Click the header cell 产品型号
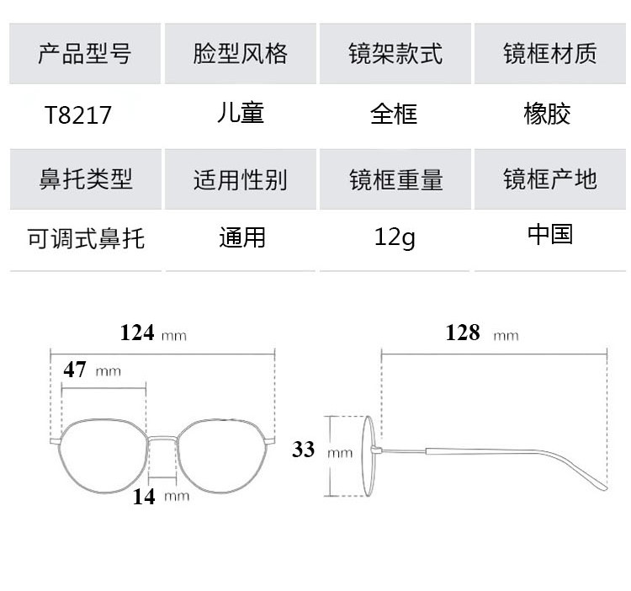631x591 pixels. click(85, 55)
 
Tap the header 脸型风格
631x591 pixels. click(241, 55)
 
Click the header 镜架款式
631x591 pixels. click(395, 55)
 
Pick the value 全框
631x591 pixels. click(394, 114)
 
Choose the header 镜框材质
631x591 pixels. click(550, 55)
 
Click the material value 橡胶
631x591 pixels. click(547, 114)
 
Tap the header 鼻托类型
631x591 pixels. click(86, 179)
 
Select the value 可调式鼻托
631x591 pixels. click(86, 238)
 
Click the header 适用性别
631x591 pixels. click(241, 179)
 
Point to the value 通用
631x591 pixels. click(242, 237)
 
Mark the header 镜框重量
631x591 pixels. click(395, 179)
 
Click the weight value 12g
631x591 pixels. click(395, 238)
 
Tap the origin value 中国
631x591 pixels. click(550, 234)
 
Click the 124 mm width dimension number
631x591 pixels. click(137, 333)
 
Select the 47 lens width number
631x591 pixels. click(75, 370)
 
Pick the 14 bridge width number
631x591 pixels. click(144, 497)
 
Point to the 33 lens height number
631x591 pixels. click(304, 450)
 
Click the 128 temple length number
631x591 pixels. click(463, 333)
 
